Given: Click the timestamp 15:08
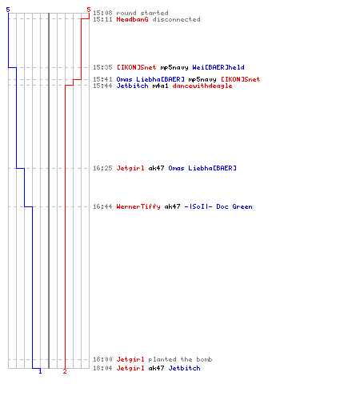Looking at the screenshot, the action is click(102, 13).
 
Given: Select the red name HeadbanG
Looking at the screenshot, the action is click(132, 19).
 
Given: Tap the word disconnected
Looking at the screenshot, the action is click(176, 19).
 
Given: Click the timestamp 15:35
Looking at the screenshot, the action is click(102, 67).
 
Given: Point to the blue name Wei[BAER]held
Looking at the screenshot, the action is click(218, 67).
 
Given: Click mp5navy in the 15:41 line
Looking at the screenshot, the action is click(202, 79).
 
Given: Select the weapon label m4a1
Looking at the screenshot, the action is click(160, 86).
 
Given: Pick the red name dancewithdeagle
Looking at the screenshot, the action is click(202, 86).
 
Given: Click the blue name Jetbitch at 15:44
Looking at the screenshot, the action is click(132, 86).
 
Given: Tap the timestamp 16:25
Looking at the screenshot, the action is click(102, 168).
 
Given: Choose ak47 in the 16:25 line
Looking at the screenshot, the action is click(156, 168).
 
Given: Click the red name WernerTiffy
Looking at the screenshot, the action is click(138, 206).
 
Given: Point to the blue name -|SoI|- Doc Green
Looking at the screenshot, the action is click(218, 206).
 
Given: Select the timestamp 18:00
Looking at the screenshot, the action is click(102, 359).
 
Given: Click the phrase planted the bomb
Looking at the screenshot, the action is click(180, 359).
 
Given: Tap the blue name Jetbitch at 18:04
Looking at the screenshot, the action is click(184, 368).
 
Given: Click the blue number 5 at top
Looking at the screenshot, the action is click(8, 10).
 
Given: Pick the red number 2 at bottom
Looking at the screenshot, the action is click(65, 371).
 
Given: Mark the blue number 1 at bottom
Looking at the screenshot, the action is click(40, 371).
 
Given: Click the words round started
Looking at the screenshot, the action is click(142, 13).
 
